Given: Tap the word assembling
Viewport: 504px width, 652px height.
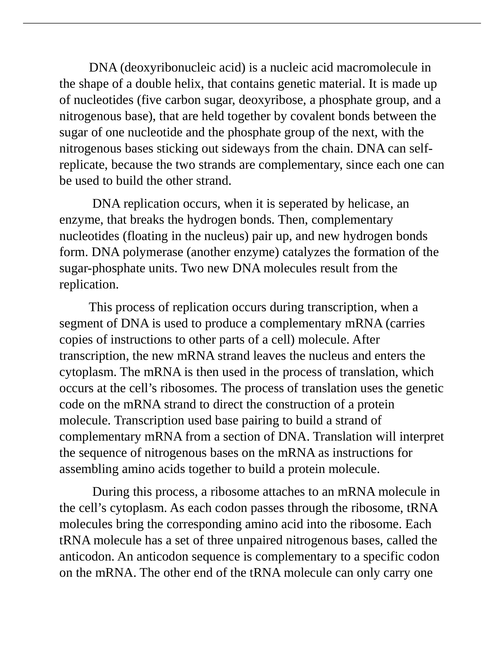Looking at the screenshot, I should pyautogui.click(x=89, y=469).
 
